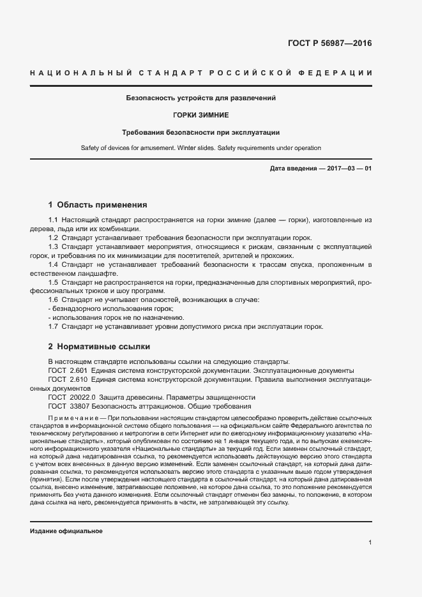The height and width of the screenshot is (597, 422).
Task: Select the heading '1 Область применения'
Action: [x=98, y=205]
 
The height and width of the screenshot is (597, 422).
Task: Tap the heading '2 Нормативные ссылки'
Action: [x=99, y=347]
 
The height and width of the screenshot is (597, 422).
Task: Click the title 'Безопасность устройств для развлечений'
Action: [x=201, y=98]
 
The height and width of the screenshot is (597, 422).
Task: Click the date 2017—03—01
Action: [x=347, y=168]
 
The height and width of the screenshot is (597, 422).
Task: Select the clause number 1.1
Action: [x=54, y=220]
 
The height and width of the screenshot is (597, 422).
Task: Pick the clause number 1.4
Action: [x=54, y=264]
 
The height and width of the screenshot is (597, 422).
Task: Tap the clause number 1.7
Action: [x=54, y=327]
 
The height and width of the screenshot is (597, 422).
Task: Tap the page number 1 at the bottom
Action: [x=370, y=543]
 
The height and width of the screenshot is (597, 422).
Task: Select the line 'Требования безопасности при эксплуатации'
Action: [x=201, y=132]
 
